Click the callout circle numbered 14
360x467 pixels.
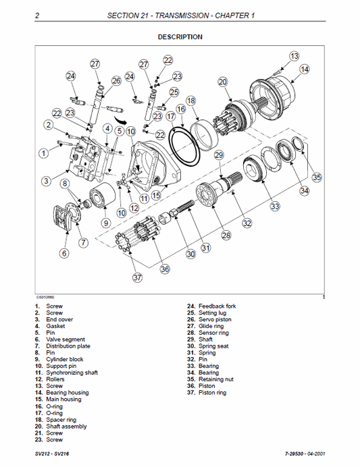(x=305, y=69)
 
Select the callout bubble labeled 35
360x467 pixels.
(x=317, y=177)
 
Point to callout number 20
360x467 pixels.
(x=222, y=82)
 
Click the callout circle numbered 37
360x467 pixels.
(x=138, y=277)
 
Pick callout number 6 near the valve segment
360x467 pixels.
(x=64, y=254)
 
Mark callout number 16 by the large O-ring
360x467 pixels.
(x=180, y=109)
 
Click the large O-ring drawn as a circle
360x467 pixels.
(x=185, y=146)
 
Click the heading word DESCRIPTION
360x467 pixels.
(x=180, y=37)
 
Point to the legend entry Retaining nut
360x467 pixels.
(x=214, y=379)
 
